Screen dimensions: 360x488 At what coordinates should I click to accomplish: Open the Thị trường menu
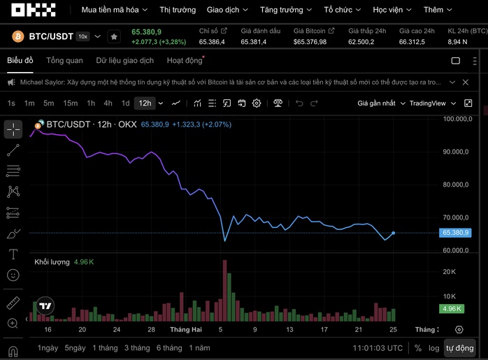pos(177,10)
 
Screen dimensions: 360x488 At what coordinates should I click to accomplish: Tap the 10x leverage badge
pos(82,36)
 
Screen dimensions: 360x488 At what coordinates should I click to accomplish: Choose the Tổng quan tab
pos(64,61)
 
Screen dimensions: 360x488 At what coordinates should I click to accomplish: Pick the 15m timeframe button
pos(70,103)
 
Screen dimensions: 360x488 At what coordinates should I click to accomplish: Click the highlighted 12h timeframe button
pos(145,103)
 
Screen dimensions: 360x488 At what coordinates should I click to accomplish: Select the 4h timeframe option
pos(108,103)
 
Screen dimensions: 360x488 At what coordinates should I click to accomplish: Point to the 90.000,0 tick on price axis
pos(456,152)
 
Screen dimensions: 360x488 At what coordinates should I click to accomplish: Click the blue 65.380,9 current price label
pos(456,233)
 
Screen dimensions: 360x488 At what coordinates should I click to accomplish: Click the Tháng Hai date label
pos(186,329)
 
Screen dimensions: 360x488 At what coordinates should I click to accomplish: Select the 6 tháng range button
pos(169,347)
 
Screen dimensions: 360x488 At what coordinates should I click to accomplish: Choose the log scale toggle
pos(433,347)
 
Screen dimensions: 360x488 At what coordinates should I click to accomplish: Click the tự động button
pos(459,347)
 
